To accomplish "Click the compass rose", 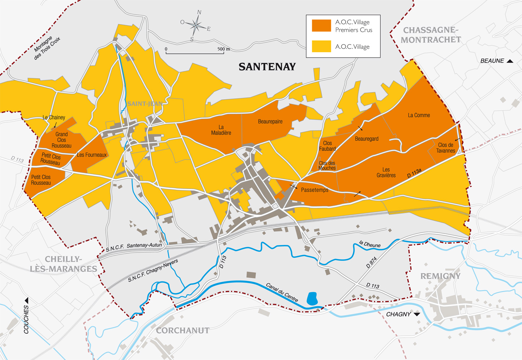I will pos(195,26).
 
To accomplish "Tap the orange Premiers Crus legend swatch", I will pos(321,26).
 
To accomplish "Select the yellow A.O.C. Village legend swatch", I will pos(321,46).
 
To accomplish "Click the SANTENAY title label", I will pos(267,67).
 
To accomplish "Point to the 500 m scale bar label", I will pos(223,49).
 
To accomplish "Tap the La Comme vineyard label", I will pos(419,115).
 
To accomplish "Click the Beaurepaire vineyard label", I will pos(270,122).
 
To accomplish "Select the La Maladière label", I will pos(221,130).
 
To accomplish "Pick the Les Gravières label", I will pos(386,172).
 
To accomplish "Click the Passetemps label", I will pos(314,190).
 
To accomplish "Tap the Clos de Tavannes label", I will pos(445,148).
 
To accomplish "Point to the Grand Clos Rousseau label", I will pos(62,140).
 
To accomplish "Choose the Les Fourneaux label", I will pos(92,155).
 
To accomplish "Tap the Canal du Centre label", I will pos(282,292).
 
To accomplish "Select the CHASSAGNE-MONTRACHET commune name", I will pos(431,35).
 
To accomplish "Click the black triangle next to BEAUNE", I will pos(510,61).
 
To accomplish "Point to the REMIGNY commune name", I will pos(440,276).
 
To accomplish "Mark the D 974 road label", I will pos(371,262).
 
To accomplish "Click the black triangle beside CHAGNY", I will pos(417,314).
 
